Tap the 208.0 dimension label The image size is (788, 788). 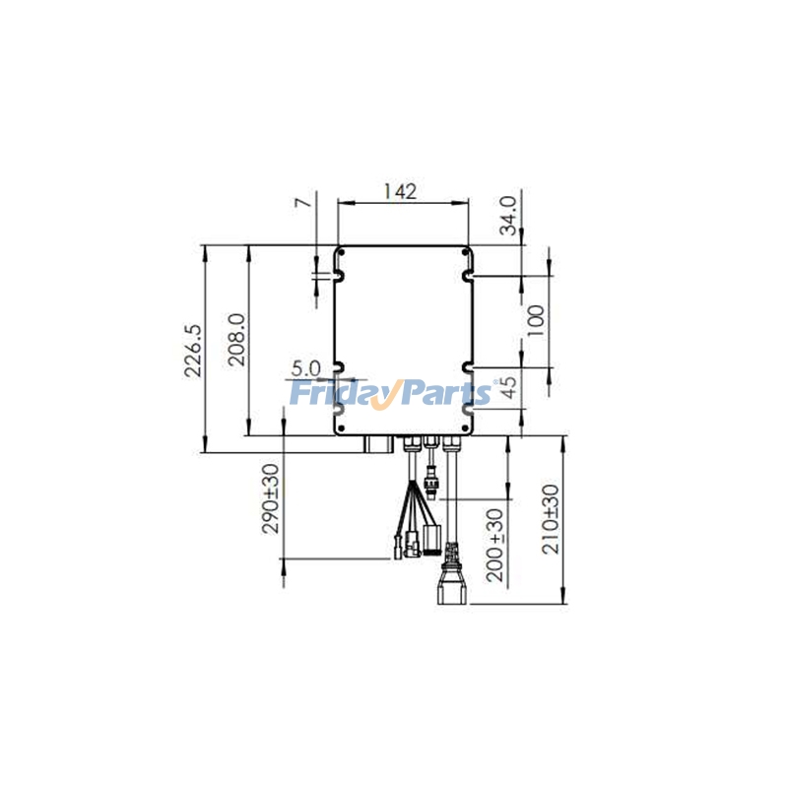click(236, 340)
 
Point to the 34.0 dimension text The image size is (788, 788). click(507, 216)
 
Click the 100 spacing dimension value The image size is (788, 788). click(536, 320)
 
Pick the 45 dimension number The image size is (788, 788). click(509, 387)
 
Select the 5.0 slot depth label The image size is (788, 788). click(306, 367)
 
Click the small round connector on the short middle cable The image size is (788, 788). click(430, 483)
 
